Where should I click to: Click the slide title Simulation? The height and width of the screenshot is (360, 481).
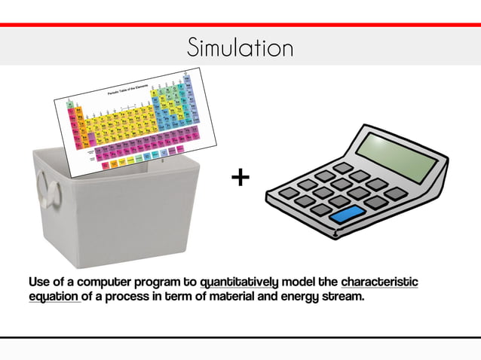click(240, 48)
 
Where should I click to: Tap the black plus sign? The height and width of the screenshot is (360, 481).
click(240, 178)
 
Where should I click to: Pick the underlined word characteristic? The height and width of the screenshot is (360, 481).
click(379, 282)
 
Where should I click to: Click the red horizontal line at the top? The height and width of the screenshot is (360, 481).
click(240, 25)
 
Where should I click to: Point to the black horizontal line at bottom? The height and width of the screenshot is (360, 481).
click(240, 337)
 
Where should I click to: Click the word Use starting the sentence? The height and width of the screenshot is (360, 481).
click(38, 282)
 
